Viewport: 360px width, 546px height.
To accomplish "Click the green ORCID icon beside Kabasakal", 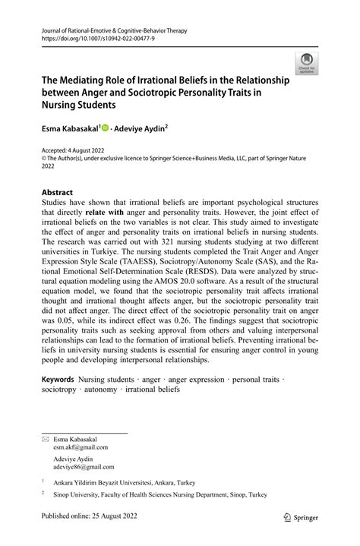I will (x=105, y=129).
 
